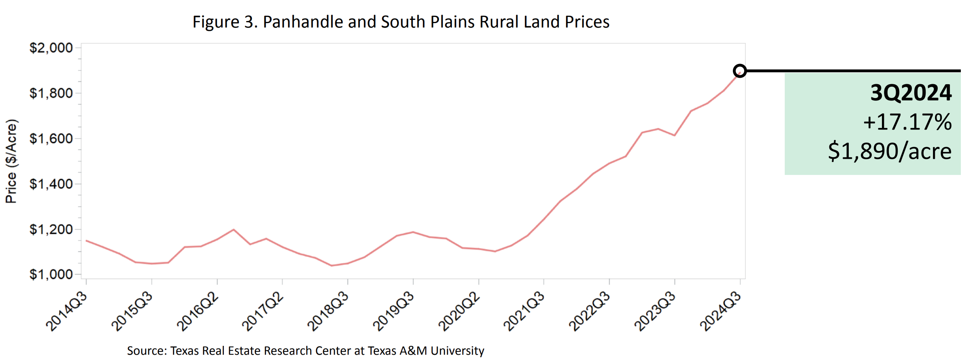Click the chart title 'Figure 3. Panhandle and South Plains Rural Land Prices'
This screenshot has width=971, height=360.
point(400,22)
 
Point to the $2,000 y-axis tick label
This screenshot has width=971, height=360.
point(51,48)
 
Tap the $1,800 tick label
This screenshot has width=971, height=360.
point(51,93)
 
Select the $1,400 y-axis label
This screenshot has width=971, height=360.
point(51,184)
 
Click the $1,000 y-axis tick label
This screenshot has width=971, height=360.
point(51,275)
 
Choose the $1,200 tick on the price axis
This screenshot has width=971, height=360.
point(51,229)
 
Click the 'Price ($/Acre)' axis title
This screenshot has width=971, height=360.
point(11,161)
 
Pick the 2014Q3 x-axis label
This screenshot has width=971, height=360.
point(67,311)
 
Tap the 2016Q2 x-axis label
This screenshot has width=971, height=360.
point(198,311)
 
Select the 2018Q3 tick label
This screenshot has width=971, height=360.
point(328,311)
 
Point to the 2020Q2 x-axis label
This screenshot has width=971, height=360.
point(460,311)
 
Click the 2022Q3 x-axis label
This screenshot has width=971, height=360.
point(590,311)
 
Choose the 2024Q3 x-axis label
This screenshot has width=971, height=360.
point(721,311)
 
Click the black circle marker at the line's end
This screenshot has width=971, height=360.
point(740,71)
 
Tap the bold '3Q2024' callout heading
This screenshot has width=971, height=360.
point(911,93)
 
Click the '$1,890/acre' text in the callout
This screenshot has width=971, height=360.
point(890,151)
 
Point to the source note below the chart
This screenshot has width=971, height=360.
point(305,350)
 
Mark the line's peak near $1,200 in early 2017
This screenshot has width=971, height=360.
point(234,230)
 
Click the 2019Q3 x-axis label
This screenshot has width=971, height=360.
point(394,311)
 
